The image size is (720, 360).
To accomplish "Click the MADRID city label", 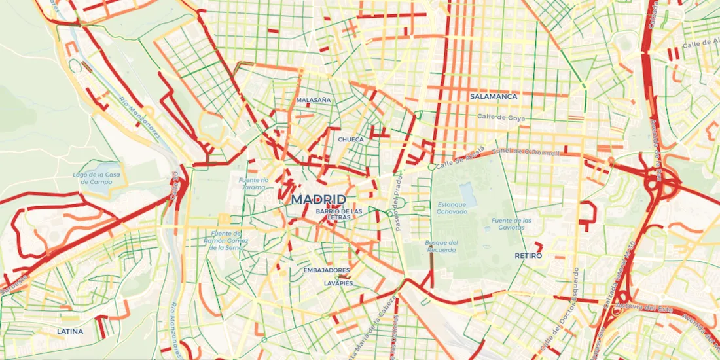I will coord(319,199).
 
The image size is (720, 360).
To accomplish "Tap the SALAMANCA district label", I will coord(494,96).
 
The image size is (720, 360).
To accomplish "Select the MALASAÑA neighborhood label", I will coord(314,101).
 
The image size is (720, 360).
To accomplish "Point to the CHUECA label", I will coord(351,139).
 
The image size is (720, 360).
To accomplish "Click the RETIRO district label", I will coord(529,255).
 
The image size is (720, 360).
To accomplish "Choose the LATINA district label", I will coord(70,331).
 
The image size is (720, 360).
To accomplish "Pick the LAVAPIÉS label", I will coord(338,283).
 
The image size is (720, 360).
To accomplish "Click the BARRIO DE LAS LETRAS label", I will coord(338,214).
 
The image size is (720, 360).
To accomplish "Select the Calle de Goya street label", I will coord(501,117).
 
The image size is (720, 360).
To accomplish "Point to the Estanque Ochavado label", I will coord(452,207).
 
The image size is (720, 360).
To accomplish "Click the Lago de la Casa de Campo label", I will coord(97,178).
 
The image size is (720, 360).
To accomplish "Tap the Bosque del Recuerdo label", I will coord(441,246).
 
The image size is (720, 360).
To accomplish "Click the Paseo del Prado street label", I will coord(399,196).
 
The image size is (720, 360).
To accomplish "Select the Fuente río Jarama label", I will coord(253,183).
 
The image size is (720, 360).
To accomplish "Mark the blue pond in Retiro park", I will coord(468,193).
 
